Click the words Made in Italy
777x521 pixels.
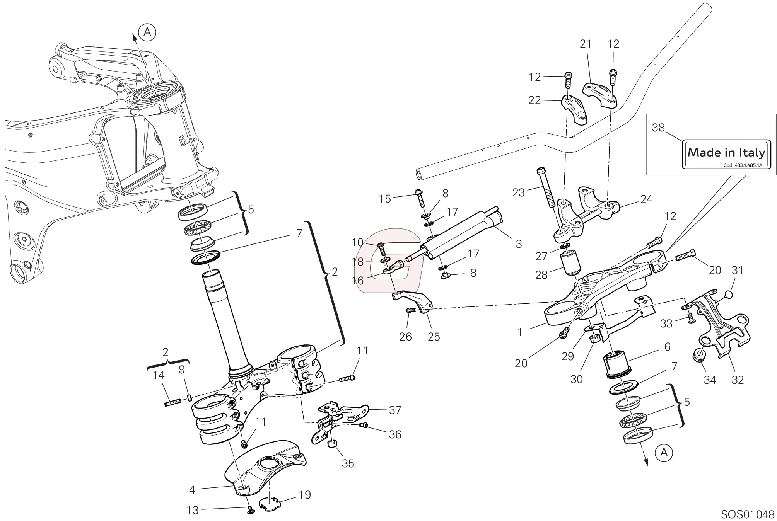(726, 153)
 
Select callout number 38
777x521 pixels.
(658, 128)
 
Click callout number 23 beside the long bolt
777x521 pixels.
(518, 192)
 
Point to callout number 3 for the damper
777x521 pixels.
(519, 244)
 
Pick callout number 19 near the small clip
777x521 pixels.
(305, 495)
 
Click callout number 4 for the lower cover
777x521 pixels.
(192, 490)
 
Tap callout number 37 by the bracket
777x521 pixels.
(394, 410)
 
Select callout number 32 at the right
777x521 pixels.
(738, 380)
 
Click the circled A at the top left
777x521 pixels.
(147, 32)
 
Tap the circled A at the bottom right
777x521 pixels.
(664, 452)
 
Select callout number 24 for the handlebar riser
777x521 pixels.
(646, 199)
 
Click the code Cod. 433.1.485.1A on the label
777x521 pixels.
(742, 165)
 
